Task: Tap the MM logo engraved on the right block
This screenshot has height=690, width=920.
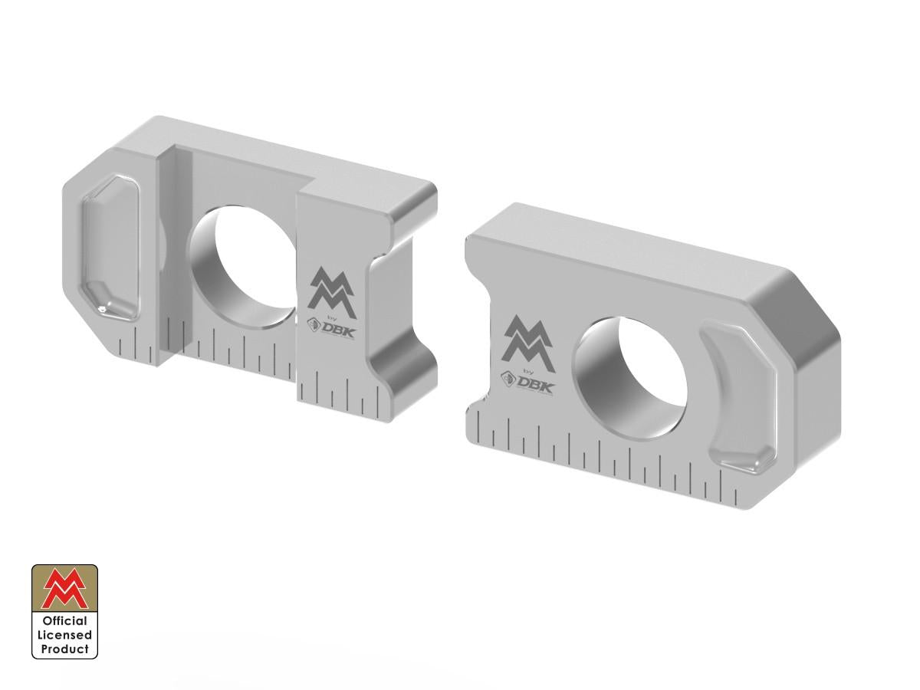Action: (528, 338)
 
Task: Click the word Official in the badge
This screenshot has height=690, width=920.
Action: (64, 621)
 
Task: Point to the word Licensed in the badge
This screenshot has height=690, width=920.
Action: (64, 635)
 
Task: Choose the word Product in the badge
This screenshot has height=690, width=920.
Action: (64, 649)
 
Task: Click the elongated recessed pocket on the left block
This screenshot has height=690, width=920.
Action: (109, 245)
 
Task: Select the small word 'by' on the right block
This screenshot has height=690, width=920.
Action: (527, 370)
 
